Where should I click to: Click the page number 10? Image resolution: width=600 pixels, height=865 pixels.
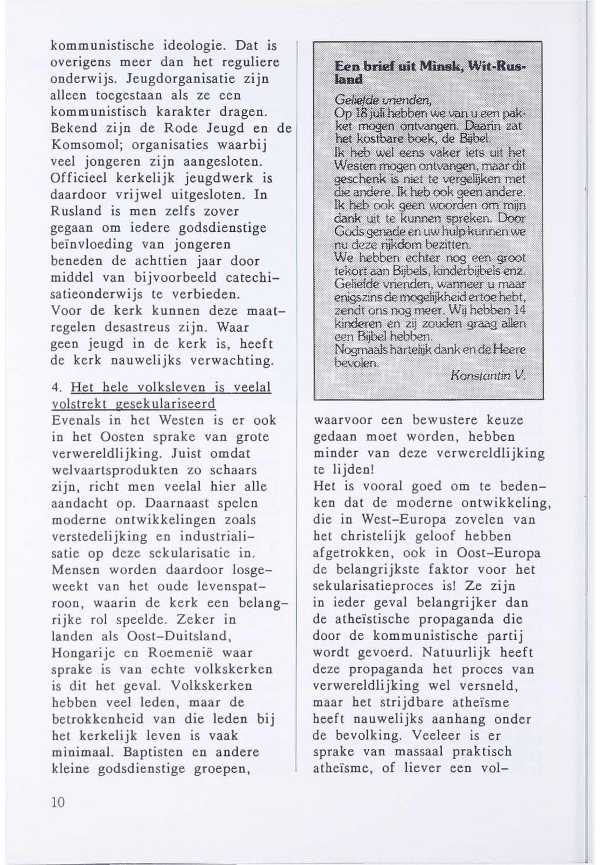pos(58,803)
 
